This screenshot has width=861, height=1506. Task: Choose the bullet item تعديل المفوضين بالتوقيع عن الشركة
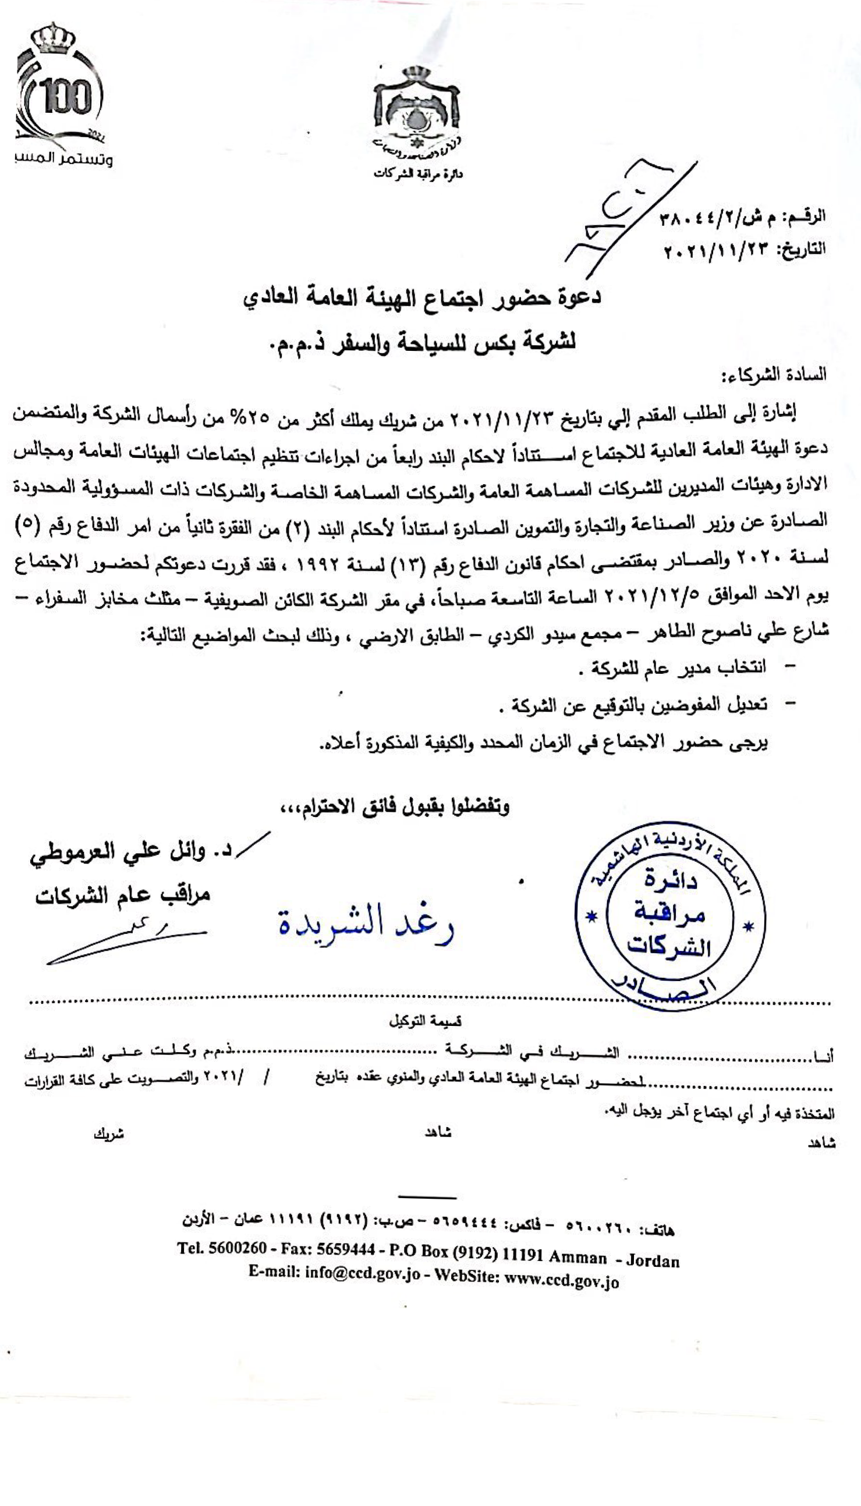632,705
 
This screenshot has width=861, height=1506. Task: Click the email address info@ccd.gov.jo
362,1288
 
